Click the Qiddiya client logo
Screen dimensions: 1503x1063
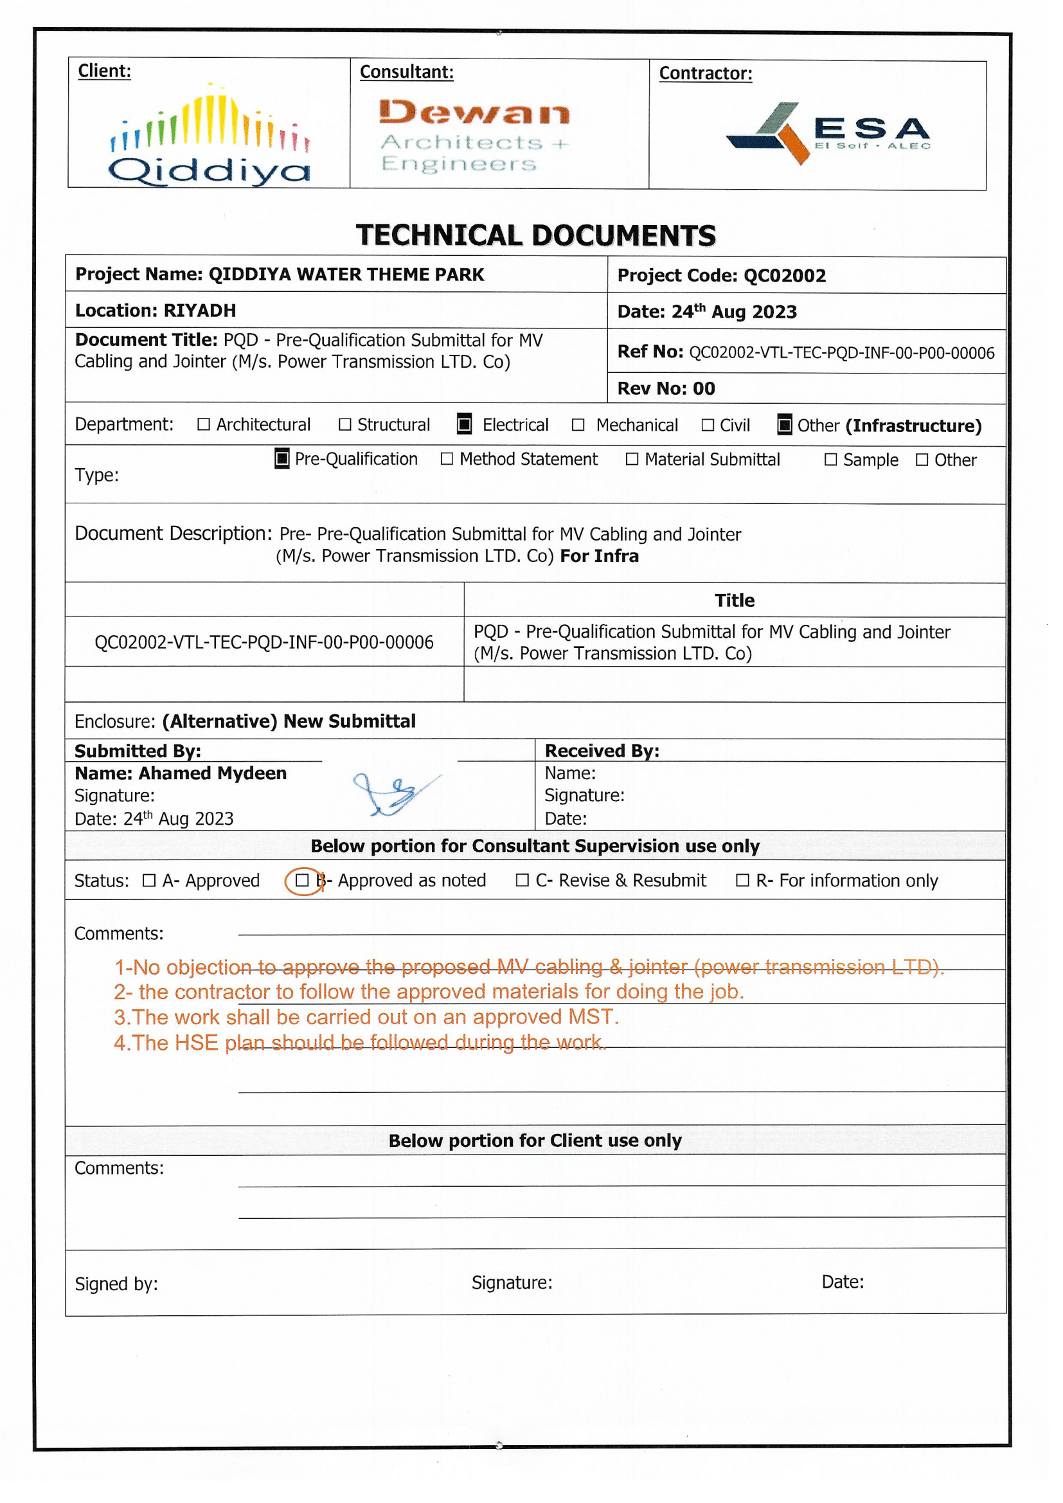pos(210,136)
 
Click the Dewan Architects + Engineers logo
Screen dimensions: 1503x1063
pos(474,136)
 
